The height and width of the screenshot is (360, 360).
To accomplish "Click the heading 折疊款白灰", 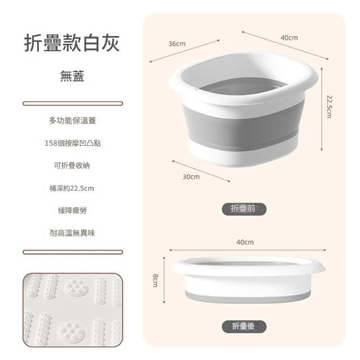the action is pyautogui.click(x=72, y=43).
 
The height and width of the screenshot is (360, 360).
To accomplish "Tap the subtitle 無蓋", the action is pyautogui.click(x=73, y=76).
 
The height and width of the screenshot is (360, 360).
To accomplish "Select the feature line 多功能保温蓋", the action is pyautogui.click(x=73, y=121).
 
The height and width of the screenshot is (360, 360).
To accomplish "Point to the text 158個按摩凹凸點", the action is pyautogui.click(x=73, y=143).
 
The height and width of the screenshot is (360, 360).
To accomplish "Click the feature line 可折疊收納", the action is pyautogui.click(x=72, y=165).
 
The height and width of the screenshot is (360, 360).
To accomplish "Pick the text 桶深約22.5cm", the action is pyautogui.click(x=72, y=188).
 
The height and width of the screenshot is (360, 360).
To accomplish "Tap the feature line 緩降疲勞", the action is pyautogui.click(x=73, y=210).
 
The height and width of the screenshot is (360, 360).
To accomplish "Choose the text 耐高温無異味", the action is pyautogui.click(x=73, y=233).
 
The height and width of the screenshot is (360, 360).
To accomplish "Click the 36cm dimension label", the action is pyautogui.click(x=177, y=44).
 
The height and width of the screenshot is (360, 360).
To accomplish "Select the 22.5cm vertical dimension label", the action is pyautogui.click(x=329, y=107).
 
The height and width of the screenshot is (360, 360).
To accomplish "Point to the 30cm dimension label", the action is pyautogui.click(x=191, y=177).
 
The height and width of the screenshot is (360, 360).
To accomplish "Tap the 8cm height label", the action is pyautogui.click(x=155, y=281).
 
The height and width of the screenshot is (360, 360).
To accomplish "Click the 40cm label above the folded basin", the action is pyautogui.click(x=245, y=242).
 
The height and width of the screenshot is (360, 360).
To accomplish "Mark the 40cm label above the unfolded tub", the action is pyautogui.click(x=289, y=38).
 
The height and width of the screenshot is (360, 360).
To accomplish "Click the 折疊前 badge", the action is pyautogui.click(x=244, y=209).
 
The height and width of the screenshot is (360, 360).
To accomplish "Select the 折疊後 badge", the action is pyautogui.click(x=244, y=326).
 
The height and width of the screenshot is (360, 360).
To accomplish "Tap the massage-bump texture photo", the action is pyautogui.click(x=73, y=310).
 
